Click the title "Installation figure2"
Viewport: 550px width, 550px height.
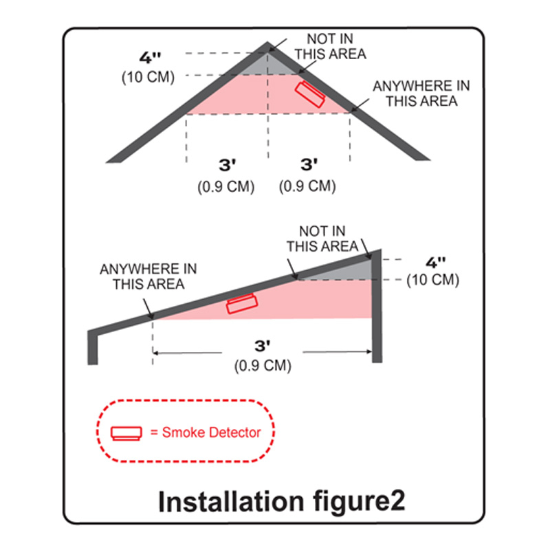[282, 501]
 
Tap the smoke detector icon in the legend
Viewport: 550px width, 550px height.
[126, 432]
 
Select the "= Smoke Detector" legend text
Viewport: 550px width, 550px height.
[205, 432]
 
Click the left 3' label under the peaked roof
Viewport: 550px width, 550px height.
[226, 166]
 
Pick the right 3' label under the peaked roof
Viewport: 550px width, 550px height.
[309, 166]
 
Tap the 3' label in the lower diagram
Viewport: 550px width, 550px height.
[262, 347]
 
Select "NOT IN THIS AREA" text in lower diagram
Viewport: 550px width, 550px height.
[322, 239]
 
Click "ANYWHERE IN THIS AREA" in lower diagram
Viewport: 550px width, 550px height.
[148, 275]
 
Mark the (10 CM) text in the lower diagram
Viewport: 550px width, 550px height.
[433, 280]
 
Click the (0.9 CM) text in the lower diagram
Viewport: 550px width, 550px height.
[262, 366]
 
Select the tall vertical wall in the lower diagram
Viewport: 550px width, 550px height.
[375, 309]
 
